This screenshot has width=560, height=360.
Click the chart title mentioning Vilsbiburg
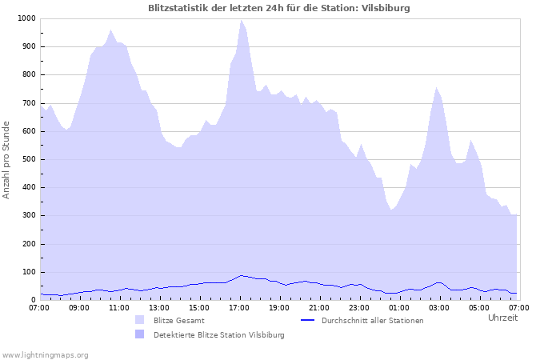click(279, 8)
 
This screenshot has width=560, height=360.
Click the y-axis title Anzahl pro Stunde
click(6, 159)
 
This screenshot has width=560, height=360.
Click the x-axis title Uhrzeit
click(502, 318)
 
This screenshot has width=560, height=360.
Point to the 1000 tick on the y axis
click(26, 18)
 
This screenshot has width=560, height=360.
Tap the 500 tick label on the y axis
click(29, 159)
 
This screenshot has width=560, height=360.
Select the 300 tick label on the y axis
click(29, 216)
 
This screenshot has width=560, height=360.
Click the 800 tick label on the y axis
click(29, 75)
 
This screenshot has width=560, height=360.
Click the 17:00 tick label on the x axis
click(239, 307)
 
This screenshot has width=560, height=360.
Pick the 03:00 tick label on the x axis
click(438, 307)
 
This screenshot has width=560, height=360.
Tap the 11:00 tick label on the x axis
click(119, 307)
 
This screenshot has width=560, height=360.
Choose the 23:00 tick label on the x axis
click(358, 307)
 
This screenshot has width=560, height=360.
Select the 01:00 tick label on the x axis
click(398, 307)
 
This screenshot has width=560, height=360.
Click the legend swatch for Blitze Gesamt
click(140, 320)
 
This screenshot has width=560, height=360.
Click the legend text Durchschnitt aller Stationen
click(372, 320)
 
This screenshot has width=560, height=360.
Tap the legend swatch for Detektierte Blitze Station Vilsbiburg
click(140, 334)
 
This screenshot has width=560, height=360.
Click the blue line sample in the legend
click(308, 320)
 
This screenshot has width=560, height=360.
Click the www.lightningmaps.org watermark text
click(45, 354)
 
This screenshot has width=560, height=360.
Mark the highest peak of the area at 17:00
click(241, 21)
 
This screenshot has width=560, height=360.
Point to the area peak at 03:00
click(436, 88)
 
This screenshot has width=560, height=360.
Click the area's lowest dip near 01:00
click(391, 210)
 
